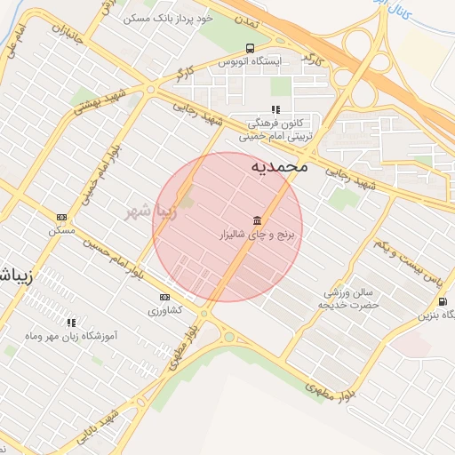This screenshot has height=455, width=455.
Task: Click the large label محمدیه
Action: (x=279, y=165)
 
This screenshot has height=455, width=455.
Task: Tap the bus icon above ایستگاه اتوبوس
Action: (x=250, y=48)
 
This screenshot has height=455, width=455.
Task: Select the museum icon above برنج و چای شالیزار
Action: (x=258, y=220)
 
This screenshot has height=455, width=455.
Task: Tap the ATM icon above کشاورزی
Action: (x=164, y=297)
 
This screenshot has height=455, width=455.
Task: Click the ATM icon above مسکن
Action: (x=61, y=217)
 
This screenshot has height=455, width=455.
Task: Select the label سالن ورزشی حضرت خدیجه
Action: (x=349, y=298)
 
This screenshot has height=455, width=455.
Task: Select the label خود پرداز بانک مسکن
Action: (x=156, y=17)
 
